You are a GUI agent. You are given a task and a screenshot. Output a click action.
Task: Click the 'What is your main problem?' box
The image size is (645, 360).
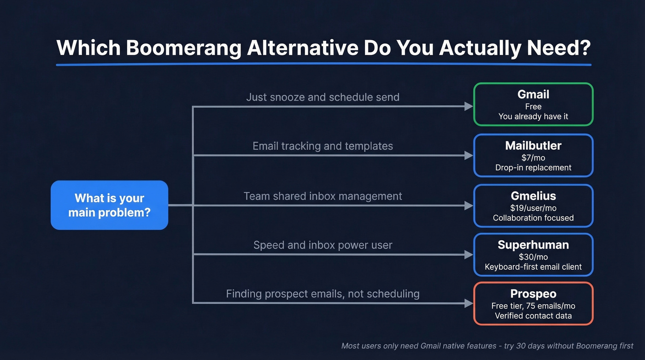109,205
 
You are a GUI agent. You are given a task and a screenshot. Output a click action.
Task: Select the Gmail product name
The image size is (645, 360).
533,94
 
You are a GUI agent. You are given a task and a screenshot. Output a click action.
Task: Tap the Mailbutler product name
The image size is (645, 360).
533,146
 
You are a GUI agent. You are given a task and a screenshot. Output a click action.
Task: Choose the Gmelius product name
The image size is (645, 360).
533,196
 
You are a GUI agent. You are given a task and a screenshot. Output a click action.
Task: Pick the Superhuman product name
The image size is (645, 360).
533,245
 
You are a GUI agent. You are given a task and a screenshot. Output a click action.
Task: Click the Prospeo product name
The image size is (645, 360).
533,294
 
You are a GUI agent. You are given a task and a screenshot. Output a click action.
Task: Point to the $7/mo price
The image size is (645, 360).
533,158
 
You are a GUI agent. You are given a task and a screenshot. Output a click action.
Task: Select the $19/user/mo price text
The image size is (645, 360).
533,208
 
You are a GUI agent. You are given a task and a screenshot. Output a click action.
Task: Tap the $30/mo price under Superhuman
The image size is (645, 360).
533,257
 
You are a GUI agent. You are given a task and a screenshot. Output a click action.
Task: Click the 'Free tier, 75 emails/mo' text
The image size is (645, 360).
533,306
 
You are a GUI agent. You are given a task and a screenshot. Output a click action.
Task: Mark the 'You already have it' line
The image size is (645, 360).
533,117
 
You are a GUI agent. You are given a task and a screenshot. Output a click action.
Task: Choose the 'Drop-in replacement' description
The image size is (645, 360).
533,168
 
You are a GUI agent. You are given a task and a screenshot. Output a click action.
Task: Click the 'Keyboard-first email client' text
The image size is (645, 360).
533,267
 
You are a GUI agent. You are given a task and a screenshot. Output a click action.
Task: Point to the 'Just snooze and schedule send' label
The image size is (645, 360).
322,97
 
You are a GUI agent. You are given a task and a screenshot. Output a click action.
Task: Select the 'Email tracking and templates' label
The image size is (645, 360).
322,146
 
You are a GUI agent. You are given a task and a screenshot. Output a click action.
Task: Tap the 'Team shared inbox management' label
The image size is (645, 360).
322,196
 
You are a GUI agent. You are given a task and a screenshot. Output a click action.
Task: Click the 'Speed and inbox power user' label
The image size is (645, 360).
322,245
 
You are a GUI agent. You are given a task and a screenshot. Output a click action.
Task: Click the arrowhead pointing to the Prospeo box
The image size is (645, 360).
469,303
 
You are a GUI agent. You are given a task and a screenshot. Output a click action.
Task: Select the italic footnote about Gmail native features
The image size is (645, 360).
487,346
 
